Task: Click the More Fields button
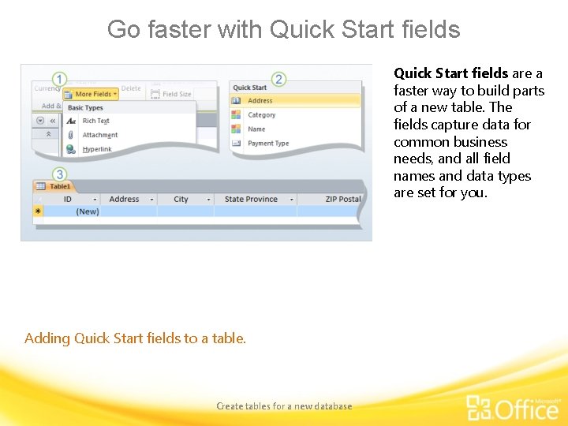pos(92,94)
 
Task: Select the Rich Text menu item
pos(96,121)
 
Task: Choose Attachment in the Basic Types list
pos(99,135)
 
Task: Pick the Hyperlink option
pos(97,149)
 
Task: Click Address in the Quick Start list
pos(260,101)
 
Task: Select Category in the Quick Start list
pos(261,115)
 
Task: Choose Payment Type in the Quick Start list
pos(268,144)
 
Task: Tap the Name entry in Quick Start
pos(256,129)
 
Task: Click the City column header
pos(181,200)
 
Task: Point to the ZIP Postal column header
pos(342,200)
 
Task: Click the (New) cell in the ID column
pos(87,211)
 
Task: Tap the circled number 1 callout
pos(59,79)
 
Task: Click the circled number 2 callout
pos(278,79)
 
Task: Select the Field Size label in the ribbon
pos(176,94)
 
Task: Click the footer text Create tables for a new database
pos(284,406)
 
